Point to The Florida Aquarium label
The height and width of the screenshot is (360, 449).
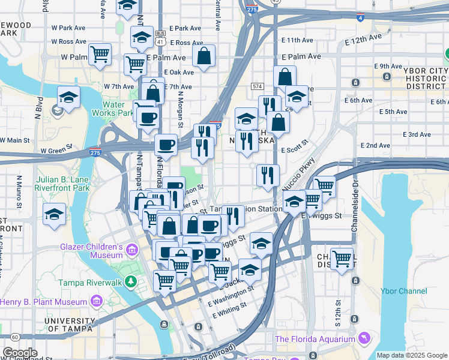click(315, 339)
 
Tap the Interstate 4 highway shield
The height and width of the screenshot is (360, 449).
click(360, 18)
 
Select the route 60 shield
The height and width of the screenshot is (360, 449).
click(14, 337)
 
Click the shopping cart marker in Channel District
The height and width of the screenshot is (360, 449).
click(342, 259)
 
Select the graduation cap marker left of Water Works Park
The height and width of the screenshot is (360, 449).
click(69, 98)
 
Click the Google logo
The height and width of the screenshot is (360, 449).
click(20, 353)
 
